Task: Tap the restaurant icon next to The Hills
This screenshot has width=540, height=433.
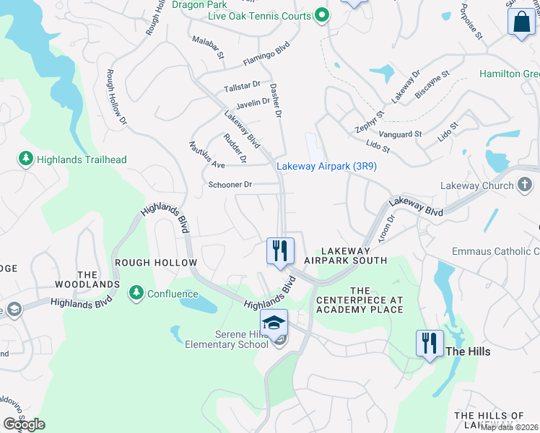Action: [x=430, y=344]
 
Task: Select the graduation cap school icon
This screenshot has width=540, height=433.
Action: [x=274, y=323]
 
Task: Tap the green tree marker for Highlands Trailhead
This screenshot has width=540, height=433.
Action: [x=26, y=159]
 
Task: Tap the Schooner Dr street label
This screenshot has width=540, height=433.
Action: [x=230, y=185]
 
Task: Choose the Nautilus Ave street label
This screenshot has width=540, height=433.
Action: [x=207, y=154]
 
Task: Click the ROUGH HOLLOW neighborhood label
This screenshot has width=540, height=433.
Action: [x=154, y=263]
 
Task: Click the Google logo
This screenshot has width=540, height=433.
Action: [x=25, y=424]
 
